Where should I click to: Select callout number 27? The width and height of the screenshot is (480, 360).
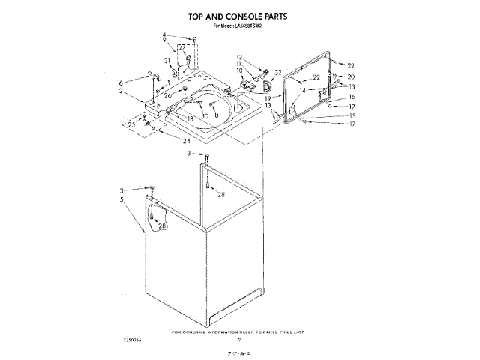pyautogui.click(x=181, y=47)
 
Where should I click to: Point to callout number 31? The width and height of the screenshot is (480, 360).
pyautogui.click(x=167, y=61)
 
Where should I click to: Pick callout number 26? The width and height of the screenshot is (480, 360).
pyautogui.click(x=168, y=95)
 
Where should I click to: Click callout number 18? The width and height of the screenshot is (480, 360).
pyautogui.click(x=190, y=118)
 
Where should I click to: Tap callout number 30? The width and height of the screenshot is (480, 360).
pyautogui.click(x=204, y=116)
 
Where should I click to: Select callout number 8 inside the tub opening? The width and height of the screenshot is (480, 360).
pyautogui.click(x=216, y=115)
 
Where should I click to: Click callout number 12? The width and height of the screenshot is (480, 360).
pyautogui.click(x=240, y=58)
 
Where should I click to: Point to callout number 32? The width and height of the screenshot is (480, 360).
pyautogui.click(x=278, y=73)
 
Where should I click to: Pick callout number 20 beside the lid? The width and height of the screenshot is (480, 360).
pyautogui.click(x=350, y=76)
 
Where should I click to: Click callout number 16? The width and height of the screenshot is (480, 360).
pyautogui.click(x=352, y=97)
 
